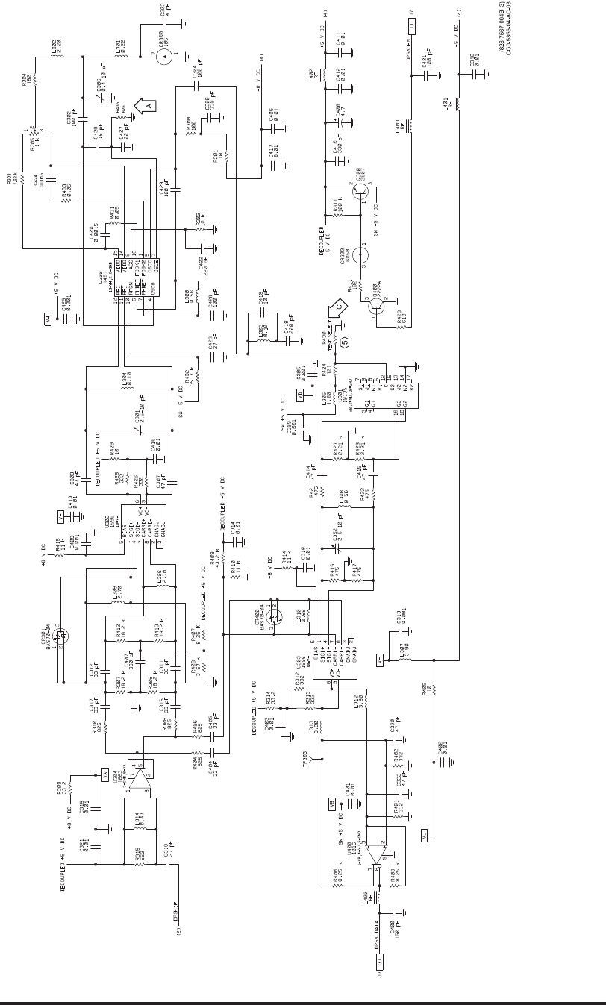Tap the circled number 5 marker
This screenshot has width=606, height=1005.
click(346, 342)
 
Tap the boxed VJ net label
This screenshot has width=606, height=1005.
click(422, 833)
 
